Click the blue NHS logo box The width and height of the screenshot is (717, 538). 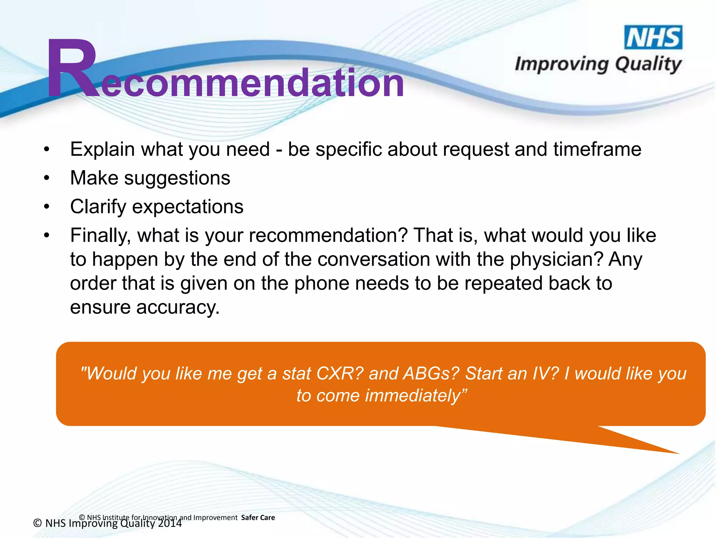tap(653, 37)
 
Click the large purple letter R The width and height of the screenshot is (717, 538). tap(72, 68)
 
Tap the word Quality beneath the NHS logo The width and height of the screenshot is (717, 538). tap(648, 65)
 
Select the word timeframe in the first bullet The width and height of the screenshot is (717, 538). tap(597, 149)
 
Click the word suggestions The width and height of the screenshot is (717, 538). tap(177, 178)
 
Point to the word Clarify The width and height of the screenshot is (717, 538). tap(98, 207)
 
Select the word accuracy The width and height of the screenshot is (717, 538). tap(177, 307)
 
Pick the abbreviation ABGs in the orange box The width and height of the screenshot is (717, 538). tap(431, 373)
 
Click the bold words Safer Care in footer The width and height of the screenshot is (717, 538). tap(258, 518)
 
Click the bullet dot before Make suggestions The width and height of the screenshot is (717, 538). tap(47, 178)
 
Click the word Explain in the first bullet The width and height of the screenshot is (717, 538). tap(102, 150)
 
